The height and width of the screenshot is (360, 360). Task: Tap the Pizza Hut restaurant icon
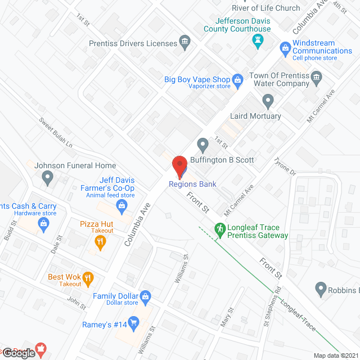coord(100,242)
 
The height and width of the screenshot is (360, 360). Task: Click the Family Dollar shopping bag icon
coord(145,296)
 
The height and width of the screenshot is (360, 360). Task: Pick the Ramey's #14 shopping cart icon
coord(133,322)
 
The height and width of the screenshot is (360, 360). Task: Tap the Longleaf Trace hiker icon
coord(220,229)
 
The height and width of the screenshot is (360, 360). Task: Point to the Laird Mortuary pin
coord(268,102)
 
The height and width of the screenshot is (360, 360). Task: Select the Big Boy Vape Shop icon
coord(237,80)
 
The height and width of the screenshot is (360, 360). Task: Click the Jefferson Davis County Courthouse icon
coord(258,40)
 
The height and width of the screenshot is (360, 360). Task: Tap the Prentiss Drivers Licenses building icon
coord(184,43)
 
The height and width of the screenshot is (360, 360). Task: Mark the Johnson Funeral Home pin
coord(48,179)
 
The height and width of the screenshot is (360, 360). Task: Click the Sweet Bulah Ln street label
coord(56,133)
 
